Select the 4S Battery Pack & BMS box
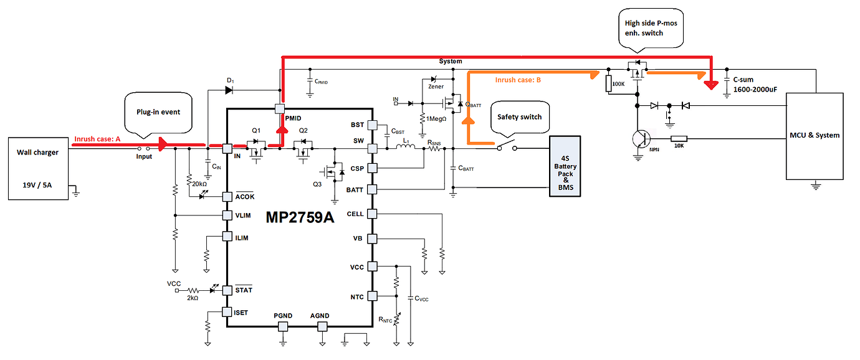[565, 166]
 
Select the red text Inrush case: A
[97, 139]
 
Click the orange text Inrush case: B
[518, 80]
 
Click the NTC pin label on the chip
[356, 296]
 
